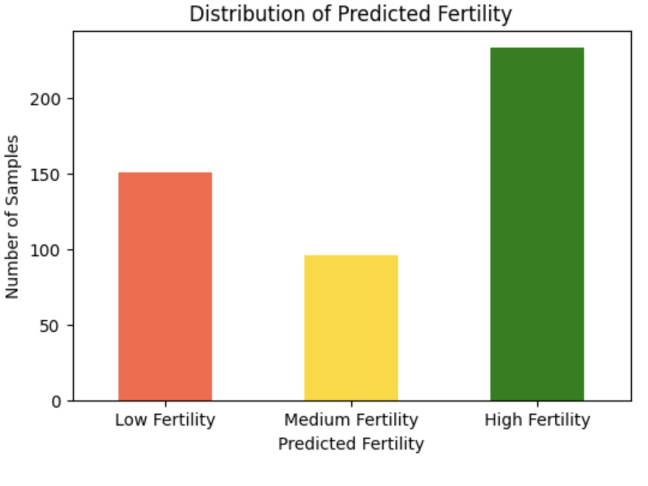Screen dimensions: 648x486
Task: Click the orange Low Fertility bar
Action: pos(165,286)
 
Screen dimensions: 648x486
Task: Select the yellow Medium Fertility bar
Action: pos(351,328)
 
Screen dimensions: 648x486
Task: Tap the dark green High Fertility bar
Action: pos(537,224)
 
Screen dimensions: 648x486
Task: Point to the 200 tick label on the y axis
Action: pos(45,99)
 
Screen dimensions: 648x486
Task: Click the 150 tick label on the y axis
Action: pos(45,175)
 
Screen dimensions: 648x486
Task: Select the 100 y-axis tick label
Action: pos(45,250)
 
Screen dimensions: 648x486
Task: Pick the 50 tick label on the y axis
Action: pos(50,326)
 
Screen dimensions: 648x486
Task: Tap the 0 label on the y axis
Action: pos(56,402)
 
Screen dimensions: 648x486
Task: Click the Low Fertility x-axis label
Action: pos(165,420)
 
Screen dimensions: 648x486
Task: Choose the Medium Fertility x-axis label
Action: pos(351,420)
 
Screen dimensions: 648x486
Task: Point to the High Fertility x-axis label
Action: pos(537,420)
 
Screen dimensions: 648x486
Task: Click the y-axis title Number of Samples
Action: pos(12,216)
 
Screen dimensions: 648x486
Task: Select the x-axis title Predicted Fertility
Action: pos(351,444)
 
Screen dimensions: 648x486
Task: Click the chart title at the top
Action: pos(351,14)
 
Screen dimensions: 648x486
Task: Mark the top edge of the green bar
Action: pos(537,48)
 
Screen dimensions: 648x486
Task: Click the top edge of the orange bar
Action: pos(165,173)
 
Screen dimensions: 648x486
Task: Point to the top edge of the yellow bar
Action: pos(351,255)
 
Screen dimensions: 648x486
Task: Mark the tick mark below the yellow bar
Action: pos(352,404)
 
